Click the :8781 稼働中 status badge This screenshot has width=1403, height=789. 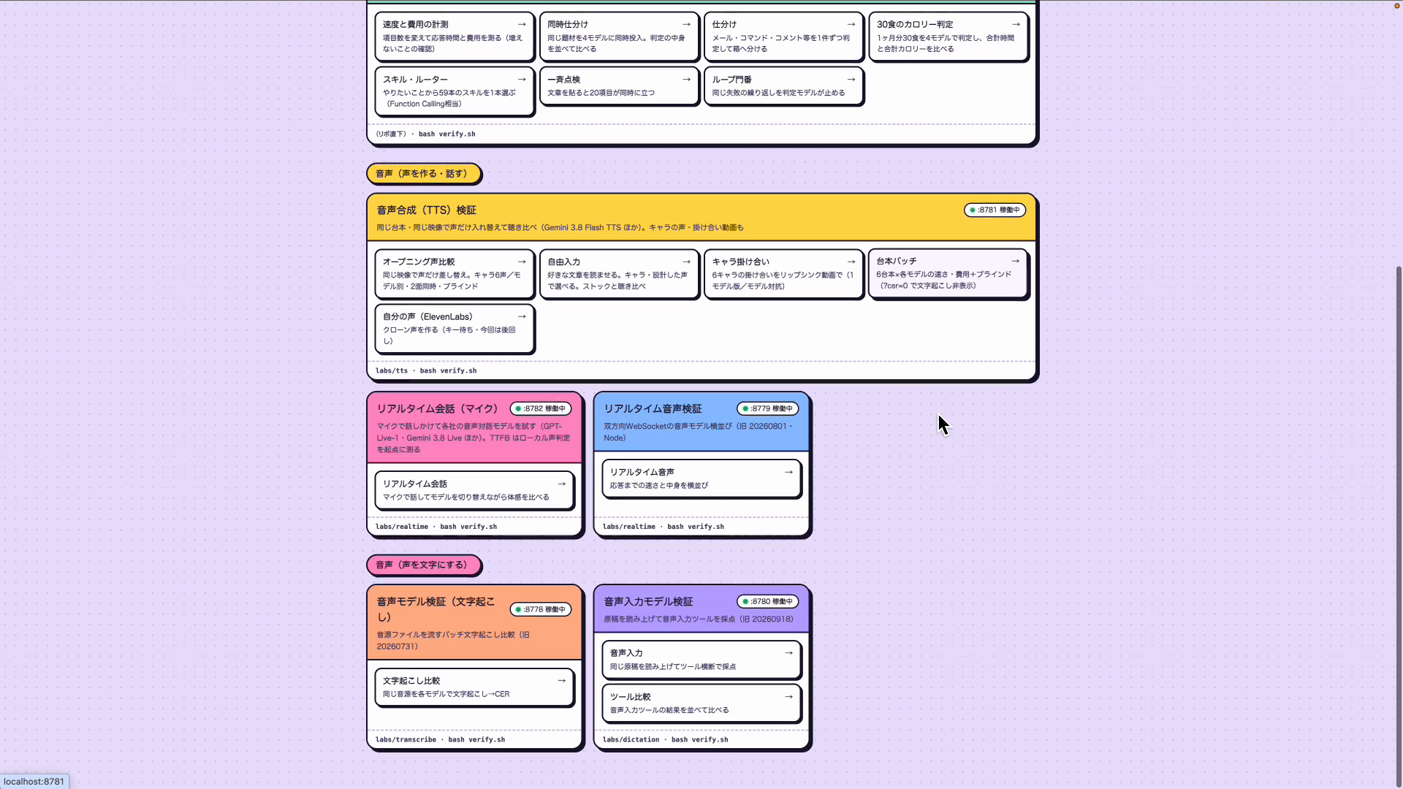pos(995,210)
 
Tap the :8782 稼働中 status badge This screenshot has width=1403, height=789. pos(541,408)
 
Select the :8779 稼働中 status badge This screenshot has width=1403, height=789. pos(767,408)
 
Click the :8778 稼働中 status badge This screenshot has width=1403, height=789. pos(541,609)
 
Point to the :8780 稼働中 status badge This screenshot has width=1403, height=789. pos(767,601)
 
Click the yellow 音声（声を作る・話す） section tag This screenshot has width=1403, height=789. pos(423,174)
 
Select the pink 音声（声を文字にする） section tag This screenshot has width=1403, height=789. pos(423,565)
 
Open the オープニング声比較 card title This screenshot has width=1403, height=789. pos(419,262)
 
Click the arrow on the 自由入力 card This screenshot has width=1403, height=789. pos(686,262)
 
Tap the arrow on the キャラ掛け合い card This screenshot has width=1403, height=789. pos(851,262)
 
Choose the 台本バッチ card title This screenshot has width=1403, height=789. pos(897,261)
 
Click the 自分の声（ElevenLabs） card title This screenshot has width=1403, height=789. pos(427,316)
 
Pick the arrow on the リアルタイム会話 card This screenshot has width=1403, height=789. pos(561,484)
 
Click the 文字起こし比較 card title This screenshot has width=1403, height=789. pos(411,681)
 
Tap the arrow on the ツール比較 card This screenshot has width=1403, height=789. pos(788,697)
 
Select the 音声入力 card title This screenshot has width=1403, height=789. pos(626,653)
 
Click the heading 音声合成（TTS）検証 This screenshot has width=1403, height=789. pos(426,210)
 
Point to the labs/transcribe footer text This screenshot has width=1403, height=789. pos(406,739)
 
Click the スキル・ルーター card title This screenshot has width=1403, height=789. pos(415,80)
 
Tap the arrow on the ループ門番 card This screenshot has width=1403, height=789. pos(851,80)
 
